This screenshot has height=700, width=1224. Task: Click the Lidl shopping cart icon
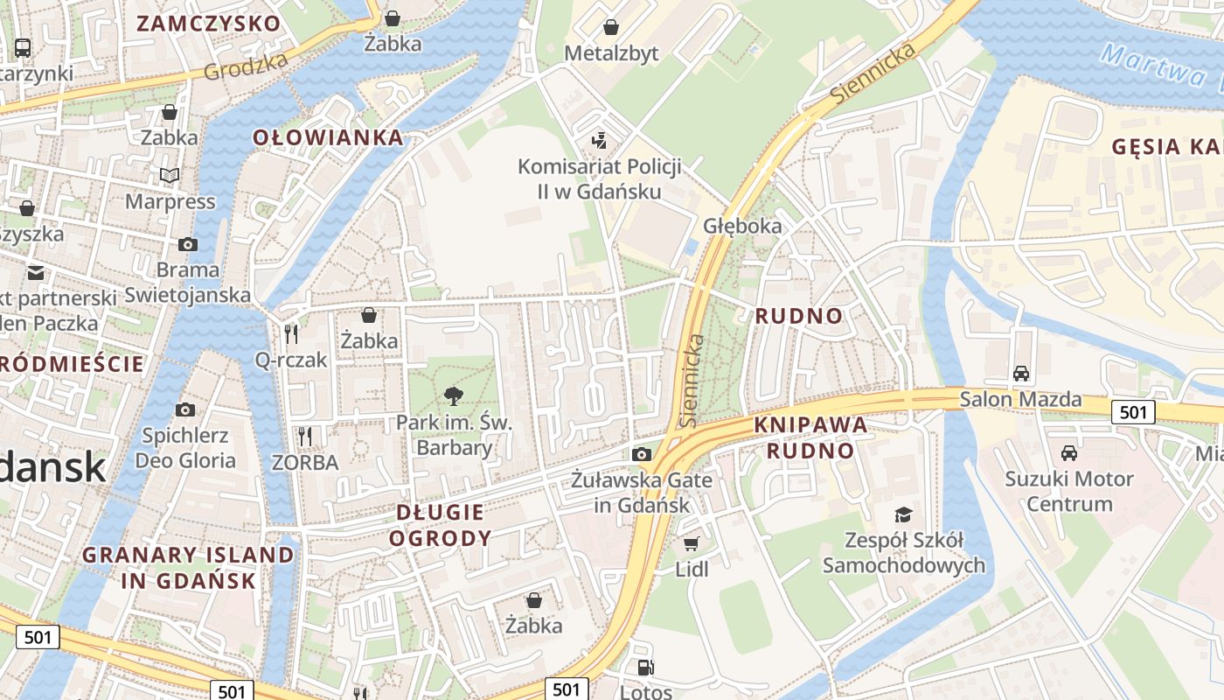pos(691,544)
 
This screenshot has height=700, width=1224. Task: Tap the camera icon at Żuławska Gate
pos(642,454)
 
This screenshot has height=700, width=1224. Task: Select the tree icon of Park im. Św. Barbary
pos(454,396)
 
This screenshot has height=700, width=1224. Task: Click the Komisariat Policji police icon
pos(600,139)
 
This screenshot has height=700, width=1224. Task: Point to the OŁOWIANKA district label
pos(329,137)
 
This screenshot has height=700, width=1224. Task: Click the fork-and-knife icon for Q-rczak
pos(291,333)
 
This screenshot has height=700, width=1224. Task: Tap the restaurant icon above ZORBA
pos(304,435)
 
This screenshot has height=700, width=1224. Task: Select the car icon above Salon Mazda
pos(1020,374)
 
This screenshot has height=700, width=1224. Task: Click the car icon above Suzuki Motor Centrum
pos(1068,452)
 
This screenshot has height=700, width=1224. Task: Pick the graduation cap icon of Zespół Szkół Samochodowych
pos(903,514)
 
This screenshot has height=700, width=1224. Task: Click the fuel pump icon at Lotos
pos(645,668)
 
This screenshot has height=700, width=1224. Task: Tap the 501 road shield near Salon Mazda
pos(1133,411)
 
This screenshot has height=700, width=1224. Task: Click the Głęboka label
pos(742,226)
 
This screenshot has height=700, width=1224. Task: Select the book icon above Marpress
pos(170,176)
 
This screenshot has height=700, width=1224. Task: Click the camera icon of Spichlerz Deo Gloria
pos(184,409)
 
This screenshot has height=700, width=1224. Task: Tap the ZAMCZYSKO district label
pos(208,24)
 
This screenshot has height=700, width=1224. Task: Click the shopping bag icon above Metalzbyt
pos(611,27)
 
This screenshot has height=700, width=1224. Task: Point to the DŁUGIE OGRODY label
pos(440,525)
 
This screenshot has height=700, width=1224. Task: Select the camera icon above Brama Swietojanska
pos(187,244)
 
